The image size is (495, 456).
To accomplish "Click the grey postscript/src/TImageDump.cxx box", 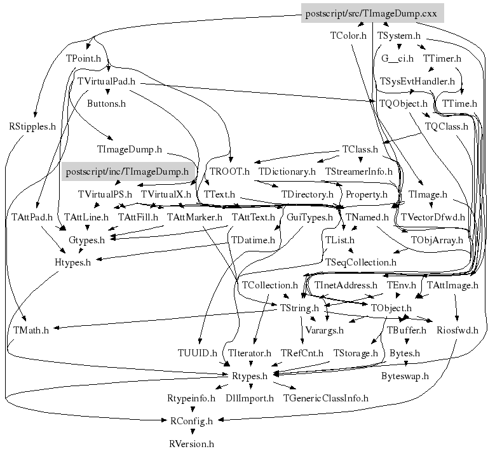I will [x=371, y=13].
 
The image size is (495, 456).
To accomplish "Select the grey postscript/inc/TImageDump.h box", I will [x=126, y=171].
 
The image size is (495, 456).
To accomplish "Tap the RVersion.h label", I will [x=192, y=444].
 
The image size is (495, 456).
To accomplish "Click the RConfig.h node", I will [x=191, y=420].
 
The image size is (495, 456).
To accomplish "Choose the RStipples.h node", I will [x=32, y=126].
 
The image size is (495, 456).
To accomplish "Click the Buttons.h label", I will [x=106, y=103].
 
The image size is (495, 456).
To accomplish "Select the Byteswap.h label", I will [x=405, y=375].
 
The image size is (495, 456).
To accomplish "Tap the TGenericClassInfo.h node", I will [x=326, y=398].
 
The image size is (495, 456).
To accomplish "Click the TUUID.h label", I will [x=198, y=352].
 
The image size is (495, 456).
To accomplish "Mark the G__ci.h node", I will [x=398, y=58].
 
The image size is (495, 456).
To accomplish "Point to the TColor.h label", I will [x=348, y=36].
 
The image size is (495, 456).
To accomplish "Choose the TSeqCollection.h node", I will [x=361, y=262].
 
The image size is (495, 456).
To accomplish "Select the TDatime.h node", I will [x=253, y=240].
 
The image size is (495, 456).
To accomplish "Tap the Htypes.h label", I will [x=72, y=262].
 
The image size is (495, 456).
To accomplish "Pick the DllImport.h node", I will [x=249, y=398].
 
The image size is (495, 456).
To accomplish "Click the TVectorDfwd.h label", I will [x=433, y=217].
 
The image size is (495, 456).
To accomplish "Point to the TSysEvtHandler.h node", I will [x=417, y=81].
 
